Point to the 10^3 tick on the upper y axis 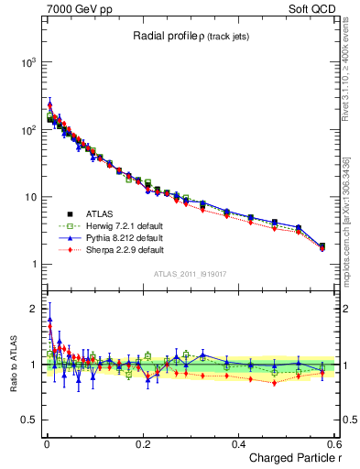tap(27, 62)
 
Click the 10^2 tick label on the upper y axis tap(27, 130)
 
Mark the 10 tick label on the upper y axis tap(29, 198)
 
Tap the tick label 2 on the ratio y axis tap(33, 308)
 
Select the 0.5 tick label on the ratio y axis tap(29, 420)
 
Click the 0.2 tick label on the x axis tap(142, 442)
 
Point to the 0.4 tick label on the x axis tap(238, 442)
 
